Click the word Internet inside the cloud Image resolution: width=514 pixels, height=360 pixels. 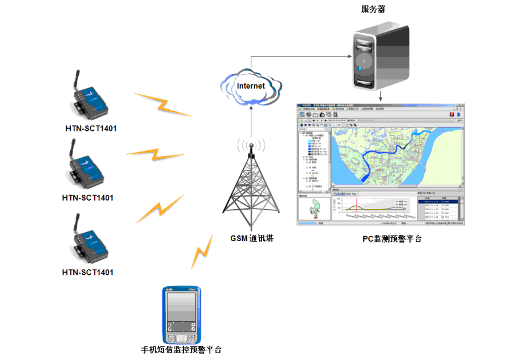251,86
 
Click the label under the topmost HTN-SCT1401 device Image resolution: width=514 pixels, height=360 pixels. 91,128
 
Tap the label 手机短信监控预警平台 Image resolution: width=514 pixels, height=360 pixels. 181,350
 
